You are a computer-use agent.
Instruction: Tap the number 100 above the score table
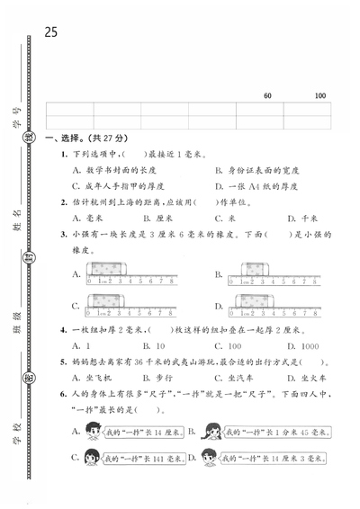[320, 96]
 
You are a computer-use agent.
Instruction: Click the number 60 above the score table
[267, 96]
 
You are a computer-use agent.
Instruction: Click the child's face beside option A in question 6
[92, 432]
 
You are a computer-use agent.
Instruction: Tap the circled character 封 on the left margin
[20, 266]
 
